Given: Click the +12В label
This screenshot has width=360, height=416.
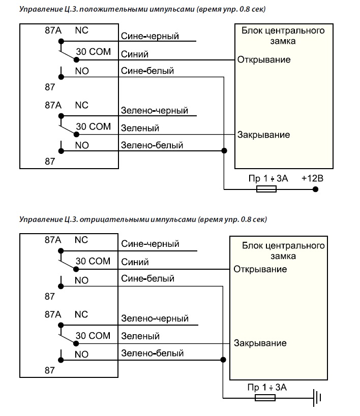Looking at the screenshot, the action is click(312, 178).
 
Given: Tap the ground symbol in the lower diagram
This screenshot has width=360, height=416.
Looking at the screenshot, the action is click(317, 398).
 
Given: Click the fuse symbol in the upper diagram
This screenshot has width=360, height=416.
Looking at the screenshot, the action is click(266, 189).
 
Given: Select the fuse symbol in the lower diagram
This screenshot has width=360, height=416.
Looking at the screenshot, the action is click(265, 398).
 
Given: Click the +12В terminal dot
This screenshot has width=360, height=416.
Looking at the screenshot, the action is click(315, 189).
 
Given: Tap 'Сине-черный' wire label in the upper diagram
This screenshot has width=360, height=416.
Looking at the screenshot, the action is click(150, 36).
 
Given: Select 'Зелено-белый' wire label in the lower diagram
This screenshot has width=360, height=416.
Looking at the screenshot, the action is click(152, 353).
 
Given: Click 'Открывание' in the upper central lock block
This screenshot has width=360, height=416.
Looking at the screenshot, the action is click(264, 60).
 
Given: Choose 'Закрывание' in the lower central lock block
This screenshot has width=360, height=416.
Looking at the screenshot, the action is click(260, 343).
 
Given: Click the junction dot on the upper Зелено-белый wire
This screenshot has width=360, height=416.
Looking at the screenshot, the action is click(224, 151).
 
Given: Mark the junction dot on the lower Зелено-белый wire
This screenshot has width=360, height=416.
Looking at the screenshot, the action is click(223, 360).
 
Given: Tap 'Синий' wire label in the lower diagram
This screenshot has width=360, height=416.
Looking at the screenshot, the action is click(135, 262).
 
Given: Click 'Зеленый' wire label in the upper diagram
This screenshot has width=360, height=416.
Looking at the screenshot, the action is click(140, 128).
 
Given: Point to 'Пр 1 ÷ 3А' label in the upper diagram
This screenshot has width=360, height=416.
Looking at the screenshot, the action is click(268, 178).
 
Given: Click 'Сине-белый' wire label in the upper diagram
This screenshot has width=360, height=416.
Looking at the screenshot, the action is click(147, 71).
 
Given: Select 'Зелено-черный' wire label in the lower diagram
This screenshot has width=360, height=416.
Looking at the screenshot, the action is click(155, 318).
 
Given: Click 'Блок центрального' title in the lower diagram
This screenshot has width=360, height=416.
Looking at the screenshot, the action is click(283, 246).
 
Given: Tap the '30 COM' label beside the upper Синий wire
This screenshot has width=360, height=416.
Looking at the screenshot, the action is click(93, 51).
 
